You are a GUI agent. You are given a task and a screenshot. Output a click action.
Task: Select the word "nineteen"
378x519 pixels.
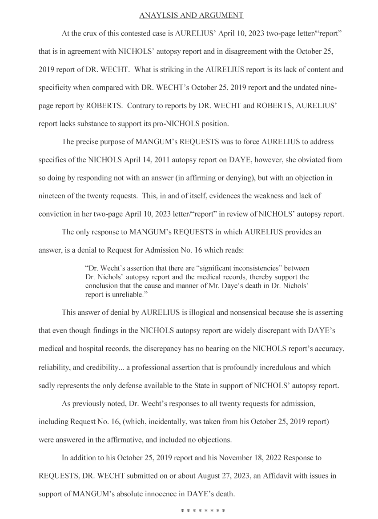(52, 196)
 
